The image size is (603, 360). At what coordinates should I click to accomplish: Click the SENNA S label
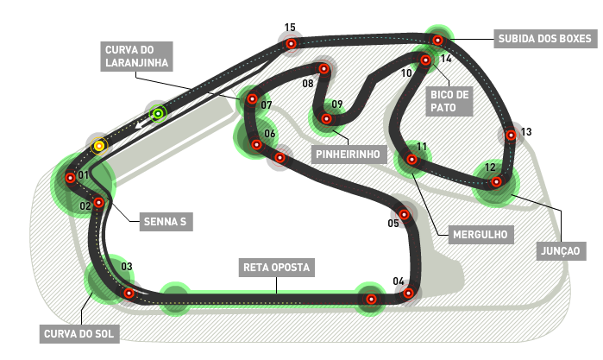[x=166, y=221]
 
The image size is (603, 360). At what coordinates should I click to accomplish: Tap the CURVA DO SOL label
[x=79, y=334]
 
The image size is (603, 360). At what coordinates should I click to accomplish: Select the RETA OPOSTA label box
[x=277, y=268]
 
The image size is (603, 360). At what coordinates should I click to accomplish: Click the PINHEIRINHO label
[x=349, y=154]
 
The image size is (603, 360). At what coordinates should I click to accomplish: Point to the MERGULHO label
[x=481, y=235]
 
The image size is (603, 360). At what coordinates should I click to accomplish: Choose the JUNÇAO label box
[x=561, y=251]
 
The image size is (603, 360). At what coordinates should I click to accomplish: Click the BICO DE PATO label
[x=449, y=101]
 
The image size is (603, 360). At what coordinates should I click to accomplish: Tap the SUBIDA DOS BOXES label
[x=545, y=39]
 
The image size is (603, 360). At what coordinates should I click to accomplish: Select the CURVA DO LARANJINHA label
[x=136, y=56]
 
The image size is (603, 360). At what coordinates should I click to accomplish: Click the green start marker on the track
[x=158, y=114]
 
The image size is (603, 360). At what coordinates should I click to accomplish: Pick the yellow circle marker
[x=99, y=146]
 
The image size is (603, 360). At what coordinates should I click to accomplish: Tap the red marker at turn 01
[x=70, y=178]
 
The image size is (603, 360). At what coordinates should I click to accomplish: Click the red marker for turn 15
[x=291, y=43]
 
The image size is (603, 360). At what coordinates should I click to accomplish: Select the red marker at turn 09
[x=326, y=118]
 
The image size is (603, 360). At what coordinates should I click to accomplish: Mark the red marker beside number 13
[x=511, y=136]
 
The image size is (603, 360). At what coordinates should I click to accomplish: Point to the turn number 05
[x=393, y=224]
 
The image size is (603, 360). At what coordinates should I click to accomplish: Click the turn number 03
[x=127, y=267]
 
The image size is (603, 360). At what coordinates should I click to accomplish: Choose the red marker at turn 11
[x=411, y=160]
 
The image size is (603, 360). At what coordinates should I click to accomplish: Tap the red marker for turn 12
[x=497, y=181]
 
